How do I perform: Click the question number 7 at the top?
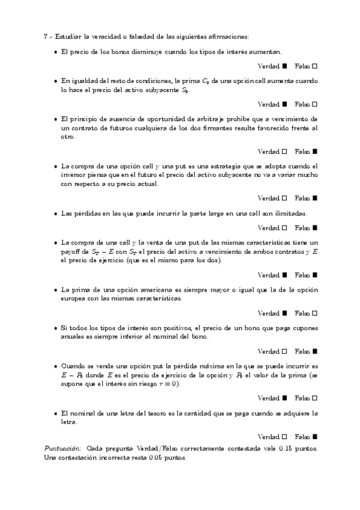pos(46,36)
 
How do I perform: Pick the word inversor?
pos(74,175)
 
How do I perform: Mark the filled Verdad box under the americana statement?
pos(284,313)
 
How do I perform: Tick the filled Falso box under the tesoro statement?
pos(314,435)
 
